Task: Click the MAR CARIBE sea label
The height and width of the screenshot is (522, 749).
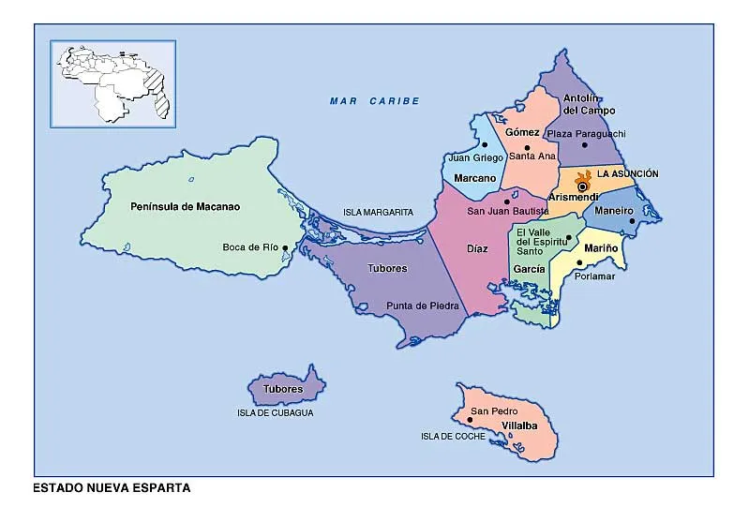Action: pos(374,101)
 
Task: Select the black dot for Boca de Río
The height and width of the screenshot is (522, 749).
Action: pos(285,247)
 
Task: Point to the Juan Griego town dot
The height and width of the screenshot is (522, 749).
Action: pos(485,144)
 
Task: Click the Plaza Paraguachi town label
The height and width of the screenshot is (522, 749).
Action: pos(586,134)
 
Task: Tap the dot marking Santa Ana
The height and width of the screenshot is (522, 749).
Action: pos(527,147)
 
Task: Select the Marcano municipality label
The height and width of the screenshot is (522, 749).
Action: pos(474,178)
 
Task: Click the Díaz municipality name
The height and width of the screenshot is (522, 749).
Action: pos(477,250)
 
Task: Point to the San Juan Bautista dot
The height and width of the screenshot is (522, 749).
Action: pos(507,201)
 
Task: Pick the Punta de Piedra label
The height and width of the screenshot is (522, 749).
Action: pos(422,306)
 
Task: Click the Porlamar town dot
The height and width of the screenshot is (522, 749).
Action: pos(580,263)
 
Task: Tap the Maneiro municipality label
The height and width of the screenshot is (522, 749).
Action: pos(613,211)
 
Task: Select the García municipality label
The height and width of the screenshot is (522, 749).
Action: pos(529,269)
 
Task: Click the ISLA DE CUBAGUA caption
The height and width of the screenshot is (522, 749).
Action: pos(275,412)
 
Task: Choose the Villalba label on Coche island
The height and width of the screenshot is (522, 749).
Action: pos(519,425)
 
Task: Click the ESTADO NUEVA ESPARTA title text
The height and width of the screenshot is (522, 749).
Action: pos(112,488)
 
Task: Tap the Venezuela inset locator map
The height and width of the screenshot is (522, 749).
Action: pos(113,82)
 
